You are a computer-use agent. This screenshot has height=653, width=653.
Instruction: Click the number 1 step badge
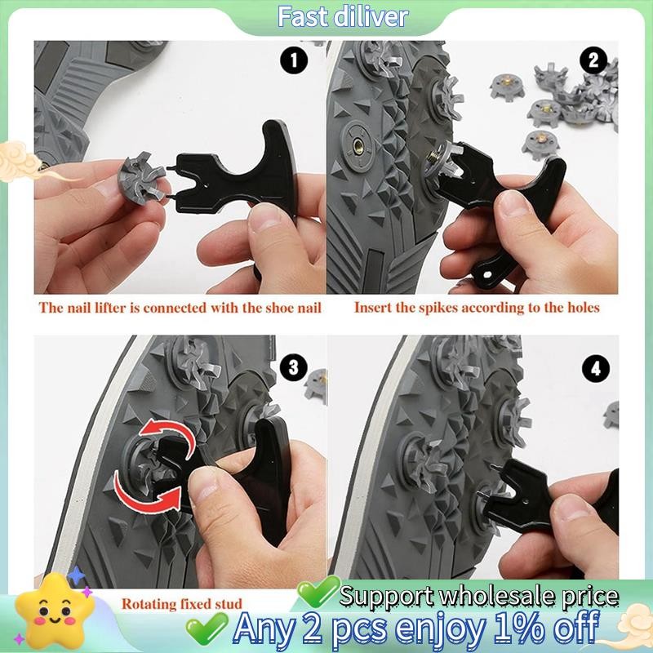click(x=294, y=60)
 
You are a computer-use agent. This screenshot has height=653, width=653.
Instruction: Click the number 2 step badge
click(x=593, y=60)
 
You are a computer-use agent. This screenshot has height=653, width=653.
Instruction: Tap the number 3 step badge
click(x=294, y=368)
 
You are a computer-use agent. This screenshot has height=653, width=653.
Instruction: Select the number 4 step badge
click(x=596, y=369)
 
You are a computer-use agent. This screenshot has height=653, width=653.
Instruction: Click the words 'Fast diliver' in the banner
click(x=342, y=16)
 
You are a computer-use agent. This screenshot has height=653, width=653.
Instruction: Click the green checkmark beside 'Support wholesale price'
click(x=318, y=591)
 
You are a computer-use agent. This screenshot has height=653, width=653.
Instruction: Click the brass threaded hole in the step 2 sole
click(x=358, y=146)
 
